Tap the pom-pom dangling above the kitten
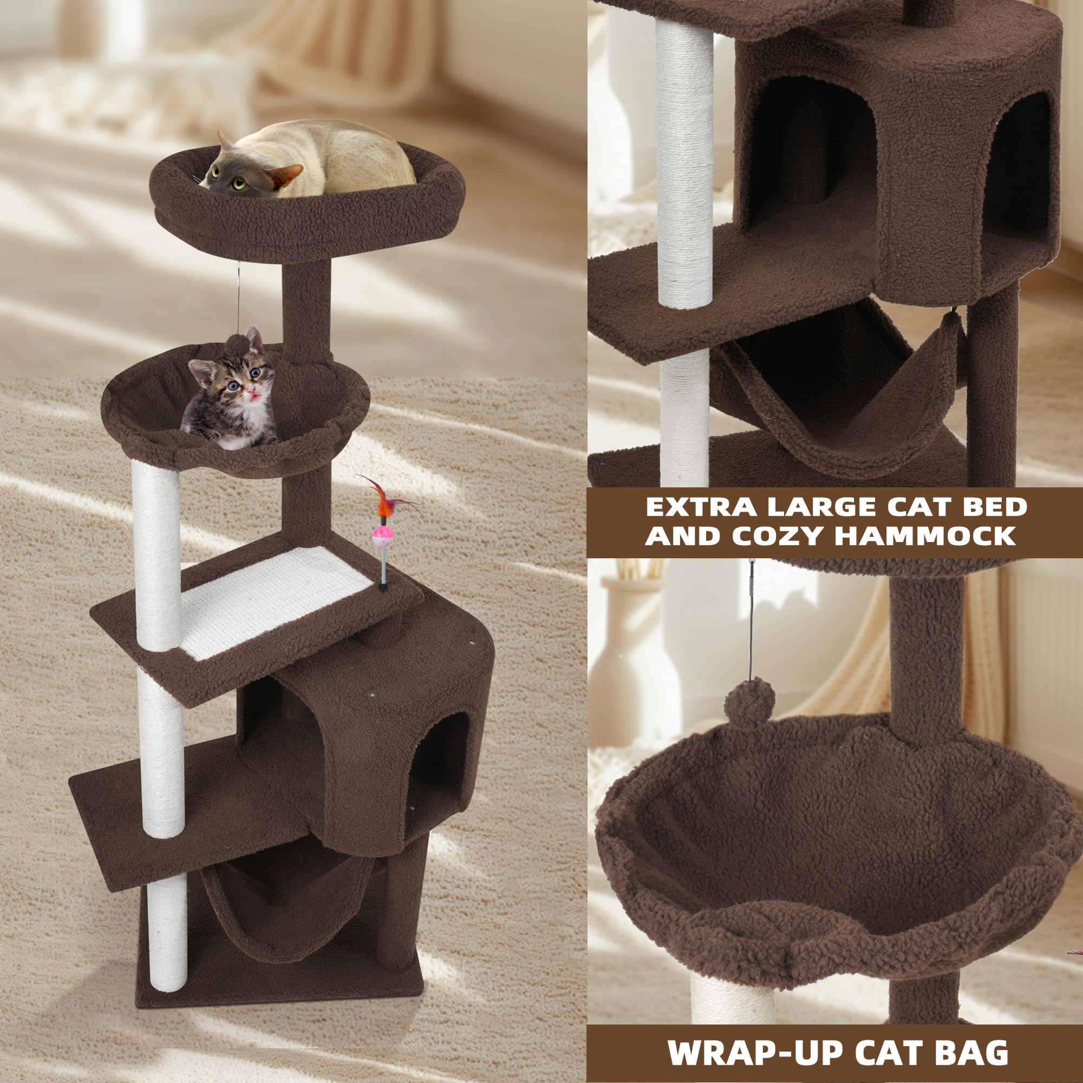(238, 343)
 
